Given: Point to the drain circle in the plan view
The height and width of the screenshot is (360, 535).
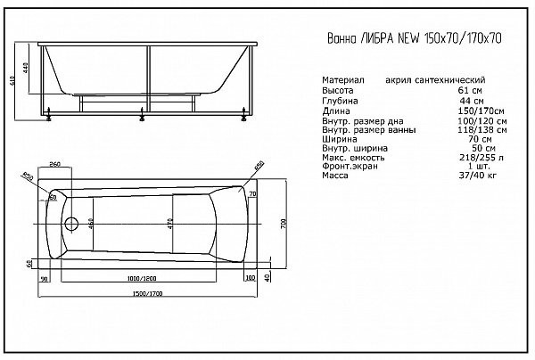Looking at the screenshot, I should coord(71,223).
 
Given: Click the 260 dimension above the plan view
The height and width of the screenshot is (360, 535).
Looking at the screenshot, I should coord(55,166).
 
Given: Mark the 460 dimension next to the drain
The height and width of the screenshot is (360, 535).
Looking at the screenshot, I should coord(92,223).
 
